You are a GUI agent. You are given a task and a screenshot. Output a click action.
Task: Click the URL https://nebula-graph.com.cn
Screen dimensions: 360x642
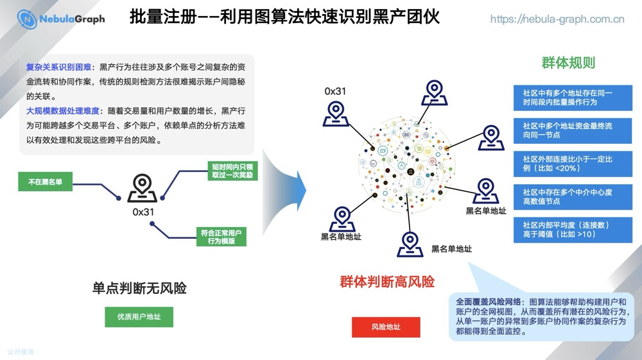pyautogui.click(x=557, y=19)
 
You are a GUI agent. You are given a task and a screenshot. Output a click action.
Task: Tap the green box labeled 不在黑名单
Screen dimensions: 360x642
pyautogui.click(x=45, y=182)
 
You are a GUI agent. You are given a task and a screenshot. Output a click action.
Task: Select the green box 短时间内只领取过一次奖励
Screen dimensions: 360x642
pyautogui.click(x=232, y=170)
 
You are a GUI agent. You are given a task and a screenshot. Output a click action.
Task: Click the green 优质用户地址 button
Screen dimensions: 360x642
pyautogui.click(x=139, y=317)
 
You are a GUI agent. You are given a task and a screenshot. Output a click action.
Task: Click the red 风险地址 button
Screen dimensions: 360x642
pyautogui.click(x=386, y=327)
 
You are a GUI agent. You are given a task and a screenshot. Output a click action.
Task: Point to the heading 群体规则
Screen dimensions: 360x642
pyautogui.click(x=568, y=63)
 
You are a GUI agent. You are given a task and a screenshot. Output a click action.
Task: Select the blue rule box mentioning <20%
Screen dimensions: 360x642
pyautogui.click(x=573, y=163)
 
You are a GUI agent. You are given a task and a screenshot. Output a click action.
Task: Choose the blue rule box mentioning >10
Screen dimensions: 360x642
pyautogui.click(x=573, y=230)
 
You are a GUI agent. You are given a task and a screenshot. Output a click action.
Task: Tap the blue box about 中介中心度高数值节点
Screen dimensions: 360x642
pyautogui.click(x=573, y=196)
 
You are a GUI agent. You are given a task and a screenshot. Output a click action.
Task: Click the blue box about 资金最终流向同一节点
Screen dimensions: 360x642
pyautogui.click(x=573, y=130)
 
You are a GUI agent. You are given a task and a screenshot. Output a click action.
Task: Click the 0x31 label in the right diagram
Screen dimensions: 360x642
pyautogui.click(x=335, y=91)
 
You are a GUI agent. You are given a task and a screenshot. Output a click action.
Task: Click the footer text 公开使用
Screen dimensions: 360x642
pyautogui.click(x=21, y=352)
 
